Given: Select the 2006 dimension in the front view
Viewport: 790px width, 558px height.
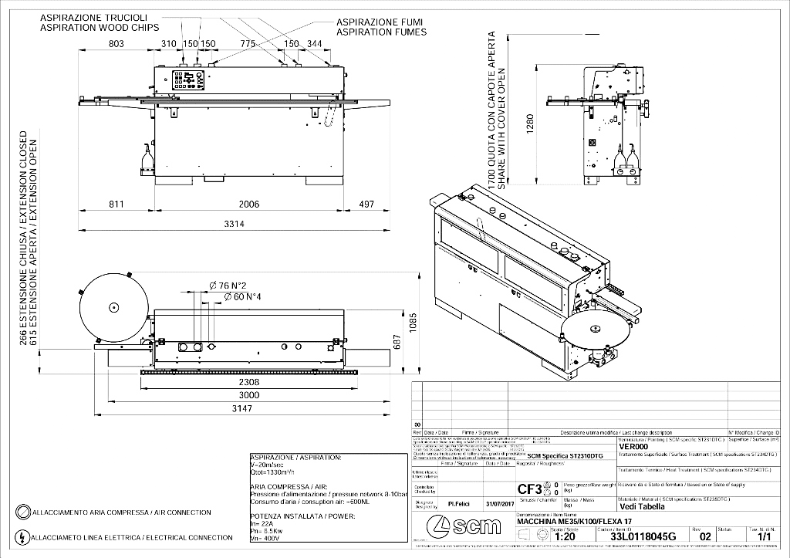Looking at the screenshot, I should click(x=249, y=204).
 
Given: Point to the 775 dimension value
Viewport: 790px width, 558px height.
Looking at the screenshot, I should click(x=247, y=44).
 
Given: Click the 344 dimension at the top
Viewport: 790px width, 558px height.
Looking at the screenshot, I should click(x=314, y=44).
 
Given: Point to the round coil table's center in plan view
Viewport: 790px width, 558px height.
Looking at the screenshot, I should click(x=113, y=307).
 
